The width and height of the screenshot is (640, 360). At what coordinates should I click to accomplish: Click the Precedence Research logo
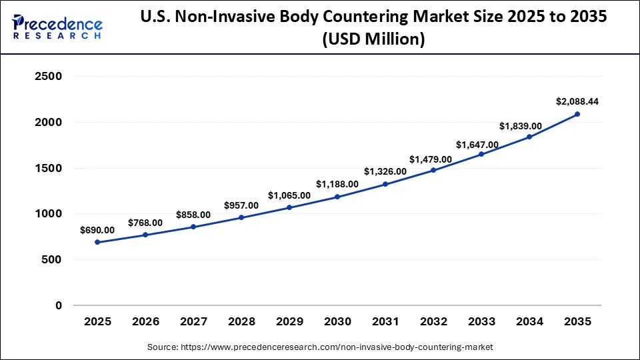click(x=57, y=27)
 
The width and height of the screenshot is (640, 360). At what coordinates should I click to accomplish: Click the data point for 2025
click(x=97, y=242)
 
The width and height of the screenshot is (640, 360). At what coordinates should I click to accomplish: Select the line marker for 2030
click(x=337, y=197)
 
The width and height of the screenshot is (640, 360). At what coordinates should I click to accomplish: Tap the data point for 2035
click(x=577, y=114)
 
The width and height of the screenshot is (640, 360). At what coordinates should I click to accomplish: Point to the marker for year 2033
click(x=481, y=154)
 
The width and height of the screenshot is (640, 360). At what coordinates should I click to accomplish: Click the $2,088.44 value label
click(x=577, y=101)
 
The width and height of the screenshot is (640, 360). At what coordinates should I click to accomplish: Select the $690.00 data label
click(x=97, y=230)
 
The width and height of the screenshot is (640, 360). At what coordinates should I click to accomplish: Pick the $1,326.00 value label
click(x=385, y=171)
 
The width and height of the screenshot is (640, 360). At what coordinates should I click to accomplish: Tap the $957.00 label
click(x=241, y=205)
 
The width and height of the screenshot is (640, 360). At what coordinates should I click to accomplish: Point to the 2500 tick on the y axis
click(x=48, y=77)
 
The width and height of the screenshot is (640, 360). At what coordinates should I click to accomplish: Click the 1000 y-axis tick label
click(x=48, y=214)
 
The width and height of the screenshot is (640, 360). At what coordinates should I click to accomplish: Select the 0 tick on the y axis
click(x=58, y=305)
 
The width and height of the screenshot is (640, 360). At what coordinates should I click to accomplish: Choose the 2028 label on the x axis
click(x=241, y=322)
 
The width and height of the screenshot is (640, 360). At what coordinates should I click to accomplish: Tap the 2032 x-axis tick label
click(x=433, y=322)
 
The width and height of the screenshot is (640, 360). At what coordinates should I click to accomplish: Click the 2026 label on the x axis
click(x=145, y=322)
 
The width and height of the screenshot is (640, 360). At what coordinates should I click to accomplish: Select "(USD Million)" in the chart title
click(x=373, y=40)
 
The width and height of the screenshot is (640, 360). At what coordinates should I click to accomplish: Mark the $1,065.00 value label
click(x=289, y=195)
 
